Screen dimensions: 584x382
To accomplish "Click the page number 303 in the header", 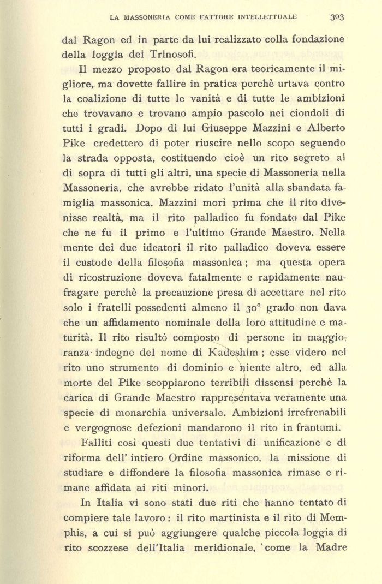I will point(337,17).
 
